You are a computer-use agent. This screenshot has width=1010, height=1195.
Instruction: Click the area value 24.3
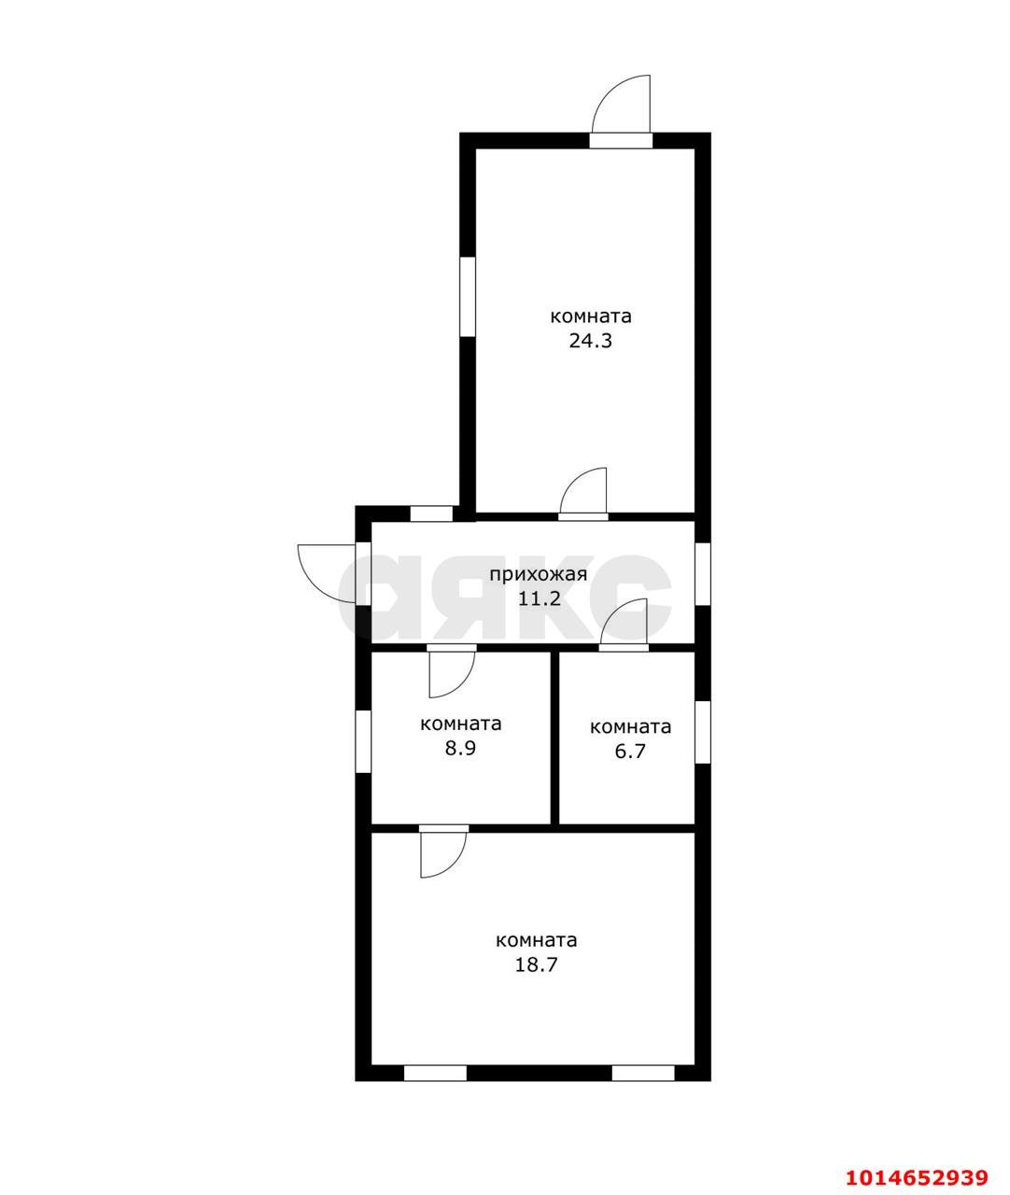coord(590,341)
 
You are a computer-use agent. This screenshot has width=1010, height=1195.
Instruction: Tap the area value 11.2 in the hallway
coord(539,597)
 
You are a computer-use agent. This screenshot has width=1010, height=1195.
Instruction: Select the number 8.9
coord(460,748)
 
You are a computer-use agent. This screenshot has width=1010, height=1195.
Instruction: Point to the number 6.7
coord(630,751)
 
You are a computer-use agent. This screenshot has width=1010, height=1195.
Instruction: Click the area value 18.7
coord(536,964)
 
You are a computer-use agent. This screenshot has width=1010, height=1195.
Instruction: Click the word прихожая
coord(539,574)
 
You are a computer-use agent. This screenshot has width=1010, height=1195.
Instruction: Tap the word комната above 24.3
coord(590,316)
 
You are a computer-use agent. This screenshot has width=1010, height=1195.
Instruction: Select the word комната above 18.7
coord(536,940)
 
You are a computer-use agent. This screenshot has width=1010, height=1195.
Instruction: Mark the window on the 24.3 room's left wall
coord(467,297)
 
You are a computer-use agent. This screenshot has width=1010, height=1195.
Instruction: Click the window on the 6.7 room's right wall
coord(703,732)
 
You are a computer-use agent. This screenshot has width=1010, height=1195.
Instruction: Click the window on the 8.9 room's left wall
coord(363,741)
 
